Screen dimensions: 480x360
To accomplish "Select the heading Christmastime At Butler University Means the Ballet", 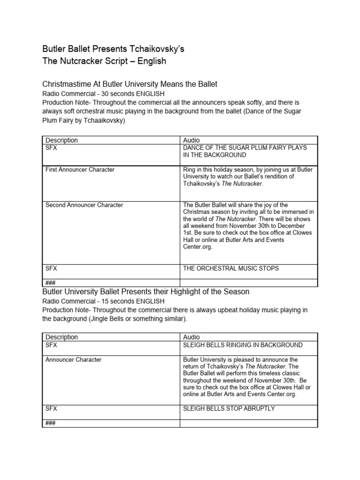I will click(130, 84).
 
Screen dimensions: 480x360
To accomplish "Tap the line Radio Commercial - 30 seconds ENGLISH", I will click(103, 94).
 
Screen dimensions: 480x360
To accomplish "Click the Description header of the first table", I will click(61, 140).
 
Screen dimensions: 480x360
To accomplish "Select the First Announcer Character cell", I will click(80, 169).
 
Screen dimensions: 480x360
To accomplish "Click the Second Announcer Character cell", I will click(84, 205).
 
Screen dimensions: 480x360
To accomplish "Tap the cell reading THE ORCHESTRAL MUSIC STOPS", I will click(231, 268).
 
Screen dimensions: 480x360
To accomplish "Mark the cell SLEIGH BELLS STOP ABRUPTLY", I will click(229, 408).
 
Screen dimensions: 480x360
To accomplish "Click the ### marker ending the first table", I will click(50, 282).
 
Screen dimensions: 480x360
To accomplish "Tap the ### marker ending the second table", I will click(50, 423).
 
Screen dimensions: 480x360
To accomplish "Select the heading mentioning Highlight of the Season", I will click(146, 292).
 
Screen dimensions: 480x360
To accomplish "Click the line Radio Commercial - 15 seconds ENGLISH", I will click(103, 301).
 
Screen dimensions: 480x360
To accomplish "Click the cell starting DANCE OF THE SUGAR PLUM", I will click(245, 151).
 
